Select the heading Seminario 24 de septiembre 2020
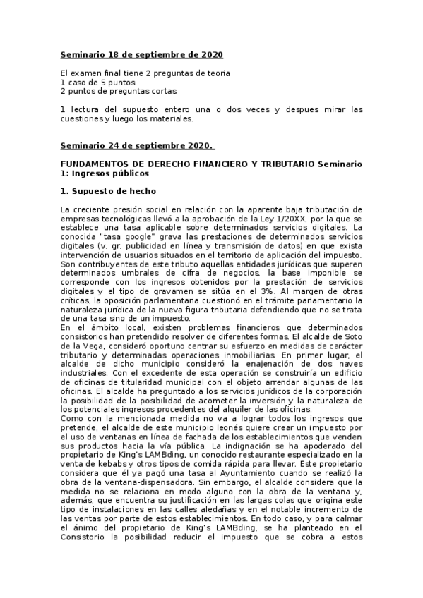pyautogui.click(x=137, y=145)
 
